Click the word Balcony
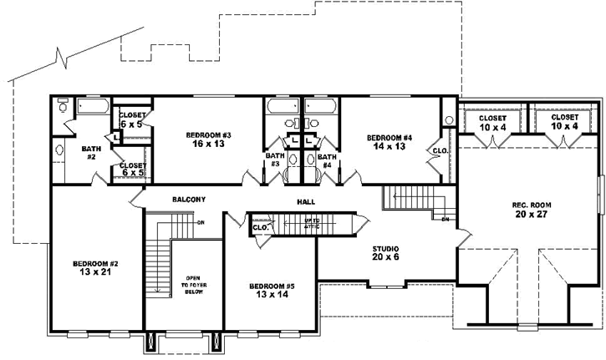[x=189, y=199]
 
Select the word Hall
[x=305, y=202]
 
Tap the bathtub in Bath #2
[x=92, y=107]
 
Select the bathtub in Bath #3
[x=278, y=107]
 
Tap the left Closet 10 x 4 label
[x=492, y=122]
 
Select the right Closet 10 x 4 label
[x=564, y=122]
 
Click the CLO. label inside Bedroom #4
[x=440, y=151]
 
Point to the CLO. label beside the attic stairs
[x=260, y=226]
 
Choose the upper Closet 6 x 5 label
[x=133, y=119]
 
